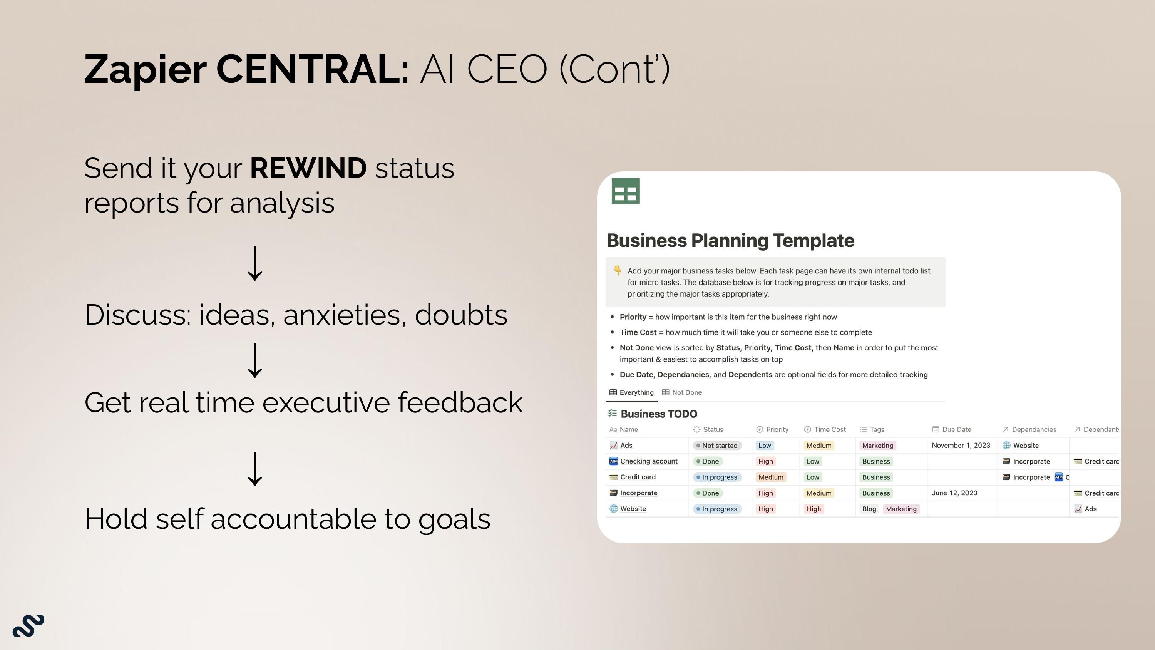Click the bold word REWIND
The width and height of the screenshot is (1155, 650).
click(x=308, y=168)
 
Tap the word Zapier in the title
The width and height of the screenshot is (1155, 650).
click(x=145, y=70)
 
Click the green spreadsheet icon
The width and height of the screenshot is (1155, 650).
click(x=626, y=191)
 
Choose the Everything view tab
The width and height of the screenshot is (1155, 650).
click(x=631, y=392)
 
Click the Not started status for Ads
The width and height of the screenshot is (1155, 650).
click(x=717, y=446)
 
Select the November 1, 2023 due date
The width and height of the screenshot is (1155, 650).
click(x=961, y=446)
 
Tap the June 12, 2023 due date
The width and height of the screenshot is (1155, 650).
click(x=954, y=493)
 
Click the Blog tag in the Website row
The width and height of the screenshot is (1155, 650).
click(x=869, y=509)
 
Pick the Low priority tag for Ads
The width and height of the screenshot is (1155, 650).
click(x=765, y=446)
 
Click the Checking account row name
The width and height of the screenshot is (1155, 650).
click(x=649, y=461)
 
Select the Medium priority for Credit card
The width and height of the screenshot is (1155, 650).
click(x=771, y=477)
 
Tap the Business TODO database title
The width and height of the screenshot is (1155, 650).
click(x=659, y=414)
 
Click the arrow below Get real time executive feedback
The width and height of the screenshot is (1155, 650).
click(x=254, y=469)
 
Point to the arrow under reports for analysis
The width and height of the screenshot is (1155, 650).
click(x=254, y=264)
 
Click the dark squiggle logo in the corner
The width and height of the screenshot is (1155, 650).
click(x=28, y=625)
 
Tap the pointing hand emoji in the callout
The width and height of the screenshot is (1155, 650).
click(x=618, y=270)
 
